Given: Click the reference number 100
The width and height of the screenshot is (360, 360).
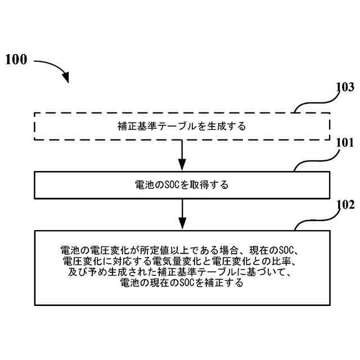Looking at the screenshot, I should point(16,60).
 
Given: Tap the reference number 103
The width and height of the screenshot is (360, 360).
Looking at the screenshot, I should point(344,87).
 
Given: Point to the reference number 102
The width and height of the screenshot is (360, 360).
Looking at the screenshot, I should point(344,205).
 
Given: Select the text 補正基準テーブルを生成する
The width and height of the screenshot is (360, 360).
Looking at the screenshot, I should point(182,126).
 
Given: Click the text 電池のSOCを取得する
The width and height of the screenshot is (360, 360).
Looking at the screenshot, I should point(182,185).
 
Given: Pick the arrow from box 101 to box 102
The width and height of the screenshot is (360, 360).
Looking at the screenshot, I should point(182,214).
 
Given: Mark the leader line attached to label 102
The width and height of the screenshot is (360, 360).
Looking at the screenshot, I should point(312,222).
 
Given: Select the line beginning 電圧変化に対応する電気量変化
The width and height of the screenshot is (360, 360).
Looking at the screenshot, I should point(182,262).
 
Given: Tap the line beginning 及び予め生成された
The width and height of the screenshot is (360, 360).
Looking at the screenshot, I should point(182,273).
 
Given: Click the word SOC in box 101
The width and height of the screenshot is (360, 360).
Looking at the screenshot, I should point(169,185).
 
